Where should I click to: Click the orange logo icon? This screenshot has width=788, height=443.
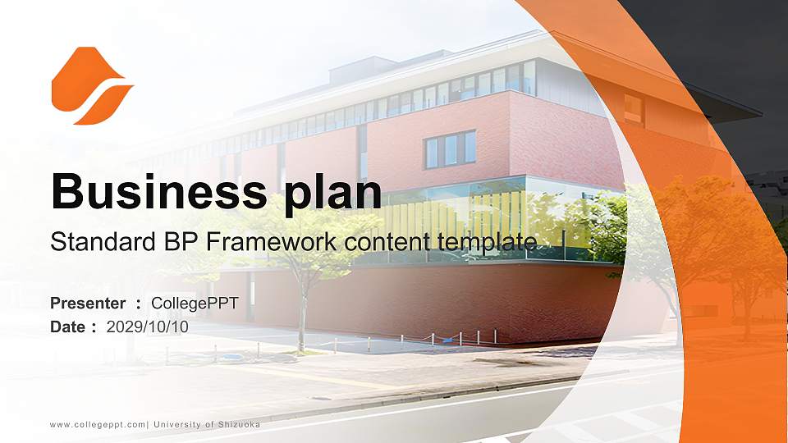(91, 86)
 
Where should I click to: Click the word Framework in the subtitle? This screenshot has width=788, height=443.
(258, 242)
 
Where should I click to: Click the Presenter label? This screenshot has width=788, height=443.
(88, 304)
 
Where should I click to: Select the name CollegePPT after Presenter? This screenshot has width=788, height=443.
(195, 304)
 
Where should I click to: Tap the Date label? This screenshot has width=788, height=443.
(71, 327)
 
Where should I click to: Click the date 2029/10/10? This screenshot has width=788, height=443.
(148, 327)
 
